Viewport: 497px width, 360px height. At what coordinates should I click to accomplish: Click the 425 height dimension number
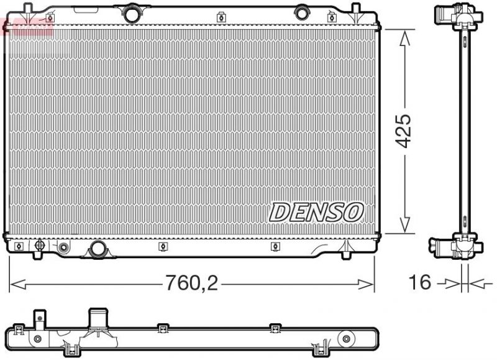coord(404,131)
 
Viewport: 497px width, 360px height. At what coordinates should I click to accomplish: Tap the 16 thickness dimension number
coord(421,282)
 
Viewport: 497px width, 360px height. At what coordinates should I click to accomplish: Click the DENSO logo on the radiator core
coord(316,212)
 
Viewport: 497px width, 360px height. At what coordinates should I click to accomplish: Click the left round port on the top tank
coord(131,12)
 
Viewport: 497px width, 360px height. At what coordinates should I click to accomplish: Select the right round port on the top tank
coord(302,12)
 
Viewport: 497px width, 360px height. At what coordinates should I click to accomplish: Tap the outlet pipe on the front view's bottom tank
coord(98,250)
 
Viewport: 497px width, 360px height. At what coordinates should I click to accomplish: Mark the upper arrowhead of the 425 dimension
coord(404,37)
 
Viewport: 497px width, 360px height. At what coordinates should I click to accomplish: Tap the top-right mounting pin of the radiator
coord(356,9)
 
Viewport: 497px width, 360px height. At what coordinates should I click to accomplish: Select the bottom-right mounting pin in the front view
coord(346,252)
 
